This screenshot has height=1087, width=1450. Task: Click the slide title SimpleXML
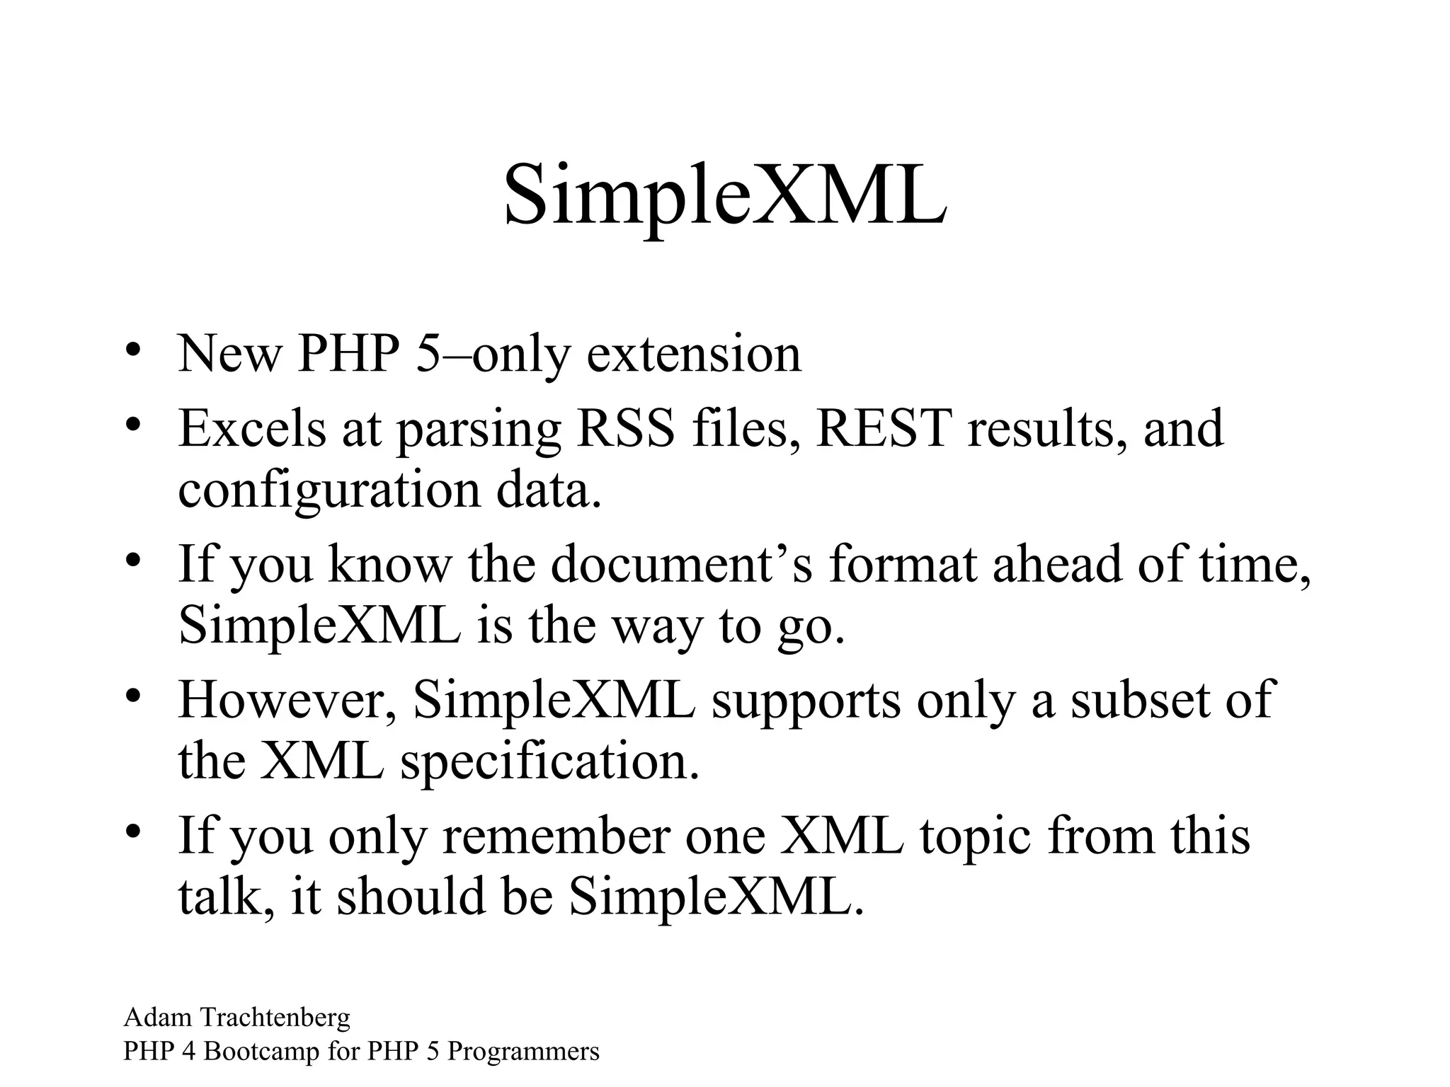point(724,195)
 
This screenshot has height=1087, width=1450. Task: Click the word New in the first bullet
point(228,353)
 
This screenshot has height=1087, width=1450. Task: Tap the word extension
point(694,353)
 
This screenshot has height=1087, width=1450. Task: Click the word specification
point(549,761)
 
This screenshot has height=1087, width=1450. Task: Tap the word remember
point(556,836)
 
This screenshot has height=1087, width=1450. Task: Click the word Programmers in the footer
point(523,1052)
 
